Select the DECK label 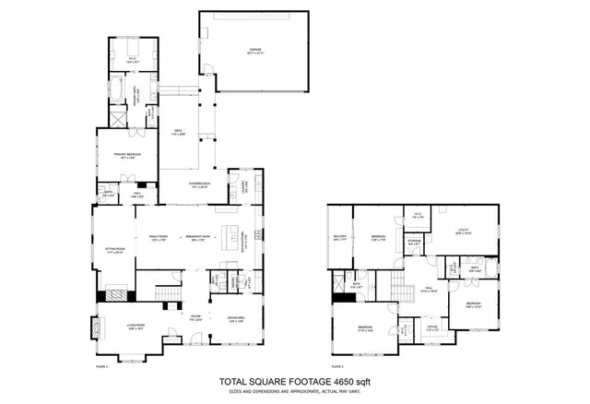pyautogui.click(x=180, y=133)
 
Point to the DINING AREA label pyautogui.click(x=236, y=318)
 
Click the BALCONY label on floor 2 pyautogui.click(x=340, y=237)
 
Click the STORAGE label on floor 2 pyautogui.click(x=415, y=242)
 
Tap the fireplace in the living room pyautogui.click(x=95, y=327)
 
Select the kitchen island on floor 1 pyautogui.click(x=230, y=230)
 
